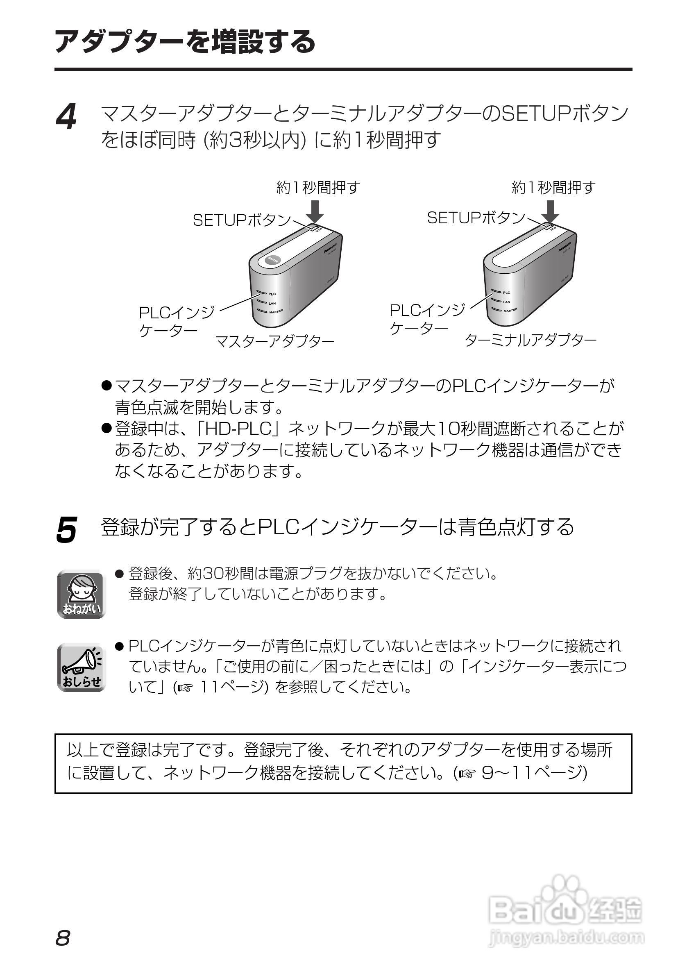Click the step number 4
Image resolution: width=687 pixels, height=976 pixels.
(x=66, y=117)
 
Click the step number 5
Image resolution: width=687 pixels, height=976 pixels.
(x=66, y=530)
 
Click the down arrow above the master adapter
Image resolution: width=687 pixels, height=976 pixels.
(x=315, y=211)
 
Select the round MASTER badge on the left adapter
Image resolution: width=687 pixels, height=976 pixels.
(x=271, y=260)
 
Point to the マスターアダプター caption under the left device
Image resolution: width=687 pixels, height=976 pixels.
(x=274, y=341)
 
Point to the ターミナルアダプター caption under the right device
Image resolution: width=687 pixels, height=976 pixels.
(x=531, y=340)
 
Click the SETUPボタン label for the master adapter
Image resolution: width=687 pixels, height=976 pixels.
(x=241, y=220)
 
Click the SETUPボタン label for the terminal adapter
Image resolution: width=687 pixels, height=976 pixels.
(x=476, y=218)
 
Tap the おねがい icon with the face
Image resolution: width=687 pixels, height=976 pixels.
(x=81, y=593)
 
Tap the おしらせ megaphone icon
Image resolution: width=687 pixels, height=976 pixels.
(x=81, y=667)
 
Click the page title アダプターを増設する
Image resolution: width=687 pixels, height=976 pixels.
(x=185, y=42)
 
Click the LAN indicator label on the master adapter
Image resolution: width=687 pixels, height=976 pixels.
(x=272, y=303)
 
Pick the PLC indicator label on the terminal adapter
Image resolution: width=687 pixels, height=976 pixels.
(x=506, y=293)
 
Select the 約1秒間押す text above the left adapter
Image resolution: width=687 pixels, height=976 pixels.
(x=318, y=188)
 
